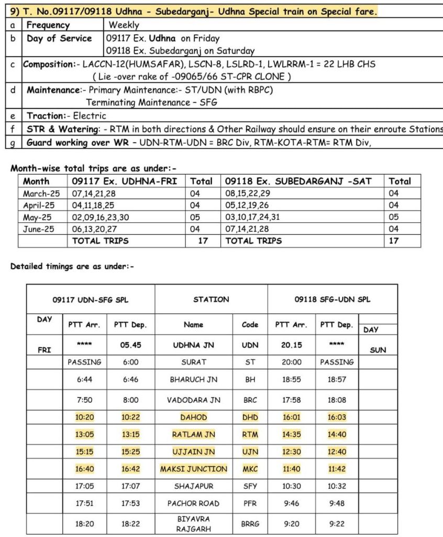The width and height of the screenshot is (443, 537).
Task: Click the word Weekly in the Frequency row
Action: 124,25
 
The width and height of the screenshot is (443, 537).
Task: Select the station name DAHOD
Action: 194,417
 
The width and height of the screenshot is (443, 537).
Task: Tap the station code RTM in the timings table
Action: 250,435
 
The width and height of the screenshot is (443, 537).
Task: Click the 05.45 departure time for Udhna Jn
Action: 130,346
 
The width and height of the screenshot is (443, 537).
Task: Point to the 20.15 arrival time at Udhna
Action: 292,346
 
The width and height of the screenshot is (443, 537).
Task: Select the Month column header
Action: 36,181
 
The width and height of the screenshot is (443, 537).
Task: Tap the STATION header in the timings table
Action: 211,299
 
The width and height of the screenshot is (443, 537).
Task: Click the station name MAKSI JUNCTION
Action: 194,469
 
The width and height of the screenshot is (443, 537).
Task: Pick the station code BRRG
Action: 250,523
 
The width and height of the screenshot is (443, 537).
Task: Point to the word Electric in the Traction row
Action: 89,116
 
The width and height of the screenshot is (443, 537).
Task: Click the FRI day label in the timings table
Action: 45,350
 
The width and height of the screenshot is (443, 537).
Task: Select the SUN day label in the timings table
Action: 378,350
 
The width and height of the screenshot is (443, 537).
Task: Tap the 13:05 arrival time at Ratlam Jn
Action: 84,435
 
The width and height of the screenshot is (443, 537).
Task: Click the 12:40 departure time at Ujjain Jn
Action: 337,452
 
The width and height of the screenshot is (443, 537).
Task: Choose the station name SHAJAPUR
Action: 194,486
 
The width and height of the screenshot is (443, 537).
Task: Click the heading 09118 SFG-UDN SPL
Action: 332,299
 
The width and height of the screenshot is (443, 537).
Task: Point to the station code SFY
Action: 250,486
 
